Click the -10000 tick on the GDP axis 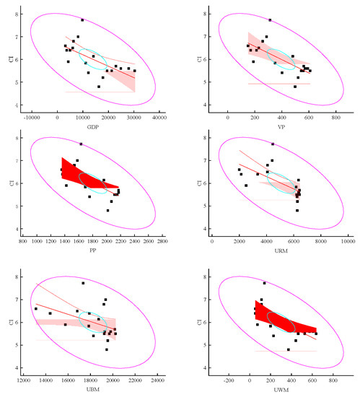coord(32,115)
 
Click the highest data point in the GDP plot coord(82,20)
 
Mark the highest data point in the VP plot coord(270,20)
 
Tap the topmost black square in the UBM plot coord(83,283)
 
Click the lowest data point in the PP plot coord(107,211)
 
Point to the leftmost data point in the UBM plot coord(36,309)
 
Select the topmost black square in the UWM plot coord(264,283)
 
